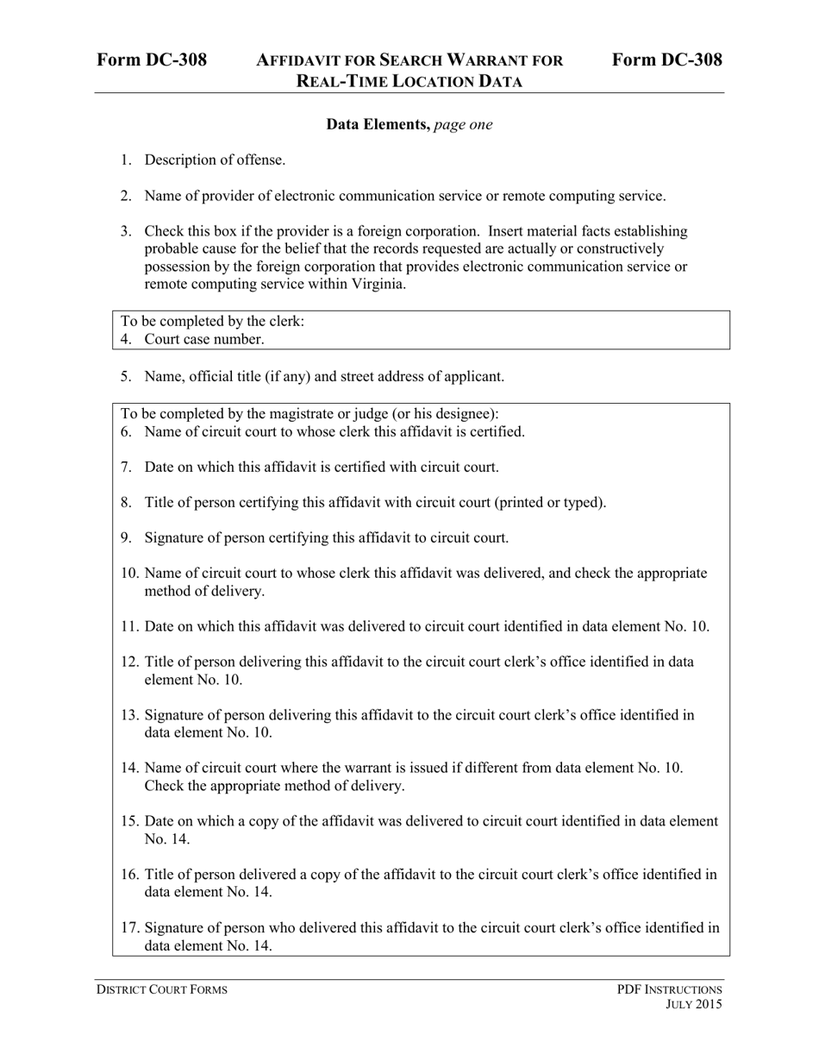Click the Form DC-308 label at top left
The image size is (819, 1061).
[x=152, y=60]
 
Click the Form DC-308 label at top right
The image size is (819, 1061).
[x=667, y=60]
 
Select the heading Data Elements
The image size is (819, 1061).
[x=378, y=124]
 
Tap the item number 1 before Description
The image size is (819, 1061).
[x=126, y=160]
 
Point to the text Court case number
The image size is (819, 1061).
[x=203, y=339]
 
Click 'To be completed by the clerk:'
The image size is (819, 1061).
[x=212, y=322]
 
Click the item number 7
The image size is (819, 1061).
[x=126, y=467]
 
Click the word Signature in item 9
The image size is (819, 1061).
[x=174, y=537]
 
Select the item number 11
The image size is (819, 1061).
[x=129, y=626]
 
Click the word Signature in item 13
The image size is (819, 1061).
[x=174, y=715]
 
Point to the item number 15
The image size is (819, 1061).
[x=129, y=821]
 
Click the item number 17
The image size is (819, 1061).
[x=129, y=928]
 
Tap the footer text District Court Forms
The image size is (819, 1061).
[x=161, y=989]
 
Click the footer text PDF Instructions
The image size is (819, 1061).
[x=669, y=989]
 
